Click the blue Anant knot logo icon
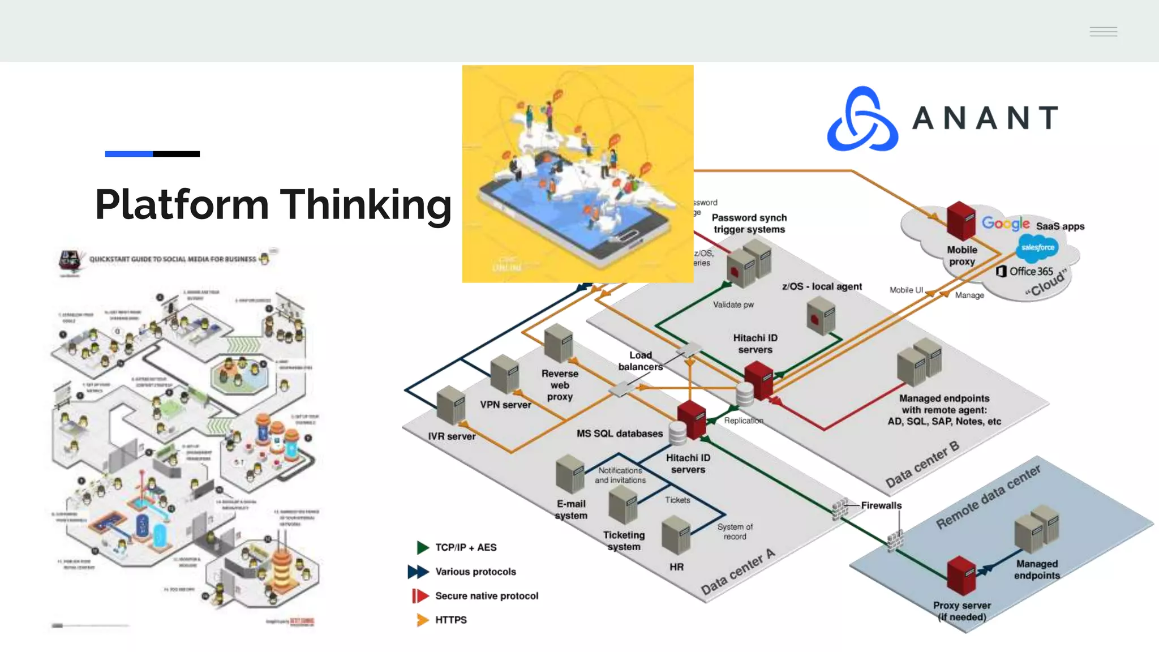[x=862, y=119]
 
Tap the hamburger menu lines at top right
[x=1103, y=32]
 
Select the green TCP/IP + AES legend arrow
[x=422, y=547]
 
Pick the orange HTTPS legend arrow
[x=422, y=620]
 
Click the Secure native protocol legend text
[x=486, y=595]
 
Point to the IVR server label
[x=452, y=436]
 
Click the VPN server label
[x=505, y=405]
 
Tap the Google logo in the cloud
[x=1005, y=224]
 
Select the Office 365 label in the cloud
[x=1031, y=272]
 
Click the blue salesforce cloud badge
[x=1037, y=247]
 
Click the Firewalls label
[x=881, y=505]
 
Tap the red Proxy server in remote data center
[x=961, y=575]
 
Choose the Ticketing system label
[x=624, y=541]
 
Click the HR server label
[x=676, y=567]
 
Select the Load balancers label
[x=640, y=361]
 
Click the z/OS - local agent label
[x=822, y=286]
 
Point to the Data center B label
[x=922, y=464]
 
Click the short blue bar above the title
[x=128, y=154]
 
